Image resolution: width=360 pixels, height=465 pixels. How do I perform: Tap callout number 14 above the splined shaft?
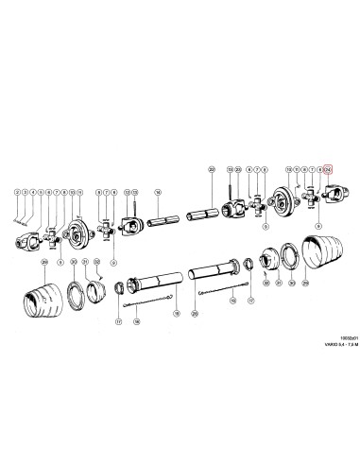[159, 192]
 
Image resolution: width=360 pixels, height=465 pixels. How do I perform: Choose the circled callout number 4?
[35, 192]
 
